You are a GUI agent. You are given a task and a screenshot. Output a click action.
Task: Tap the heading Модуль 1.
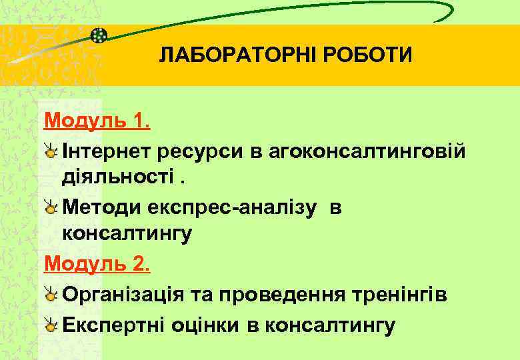97,122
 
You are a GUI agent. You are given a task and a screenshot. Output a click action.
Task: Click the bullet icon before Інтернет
51,152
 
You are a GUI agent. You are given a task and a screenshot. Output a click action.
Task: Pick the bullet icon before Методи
51,209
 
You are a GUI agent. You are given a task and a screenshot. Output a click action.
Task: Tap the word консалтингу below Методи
127,235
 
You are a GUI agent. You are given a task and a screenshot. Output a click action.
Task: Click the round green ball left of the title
98,35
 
